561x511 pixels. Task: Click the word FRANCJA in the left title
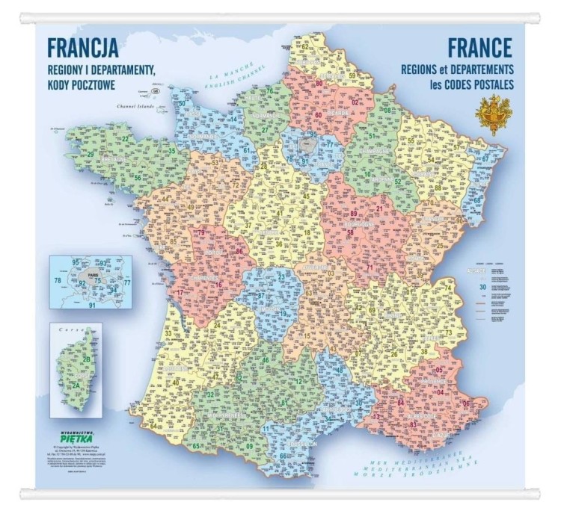point(82,48)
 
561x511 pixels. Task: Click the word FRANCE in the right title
point(479,48)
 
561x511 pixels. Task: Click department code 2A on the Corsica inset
point(77,385)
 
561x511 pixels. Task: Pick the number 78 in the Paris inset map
point(58,281)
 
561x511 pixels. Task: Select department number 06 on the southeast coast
point(467,403)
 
